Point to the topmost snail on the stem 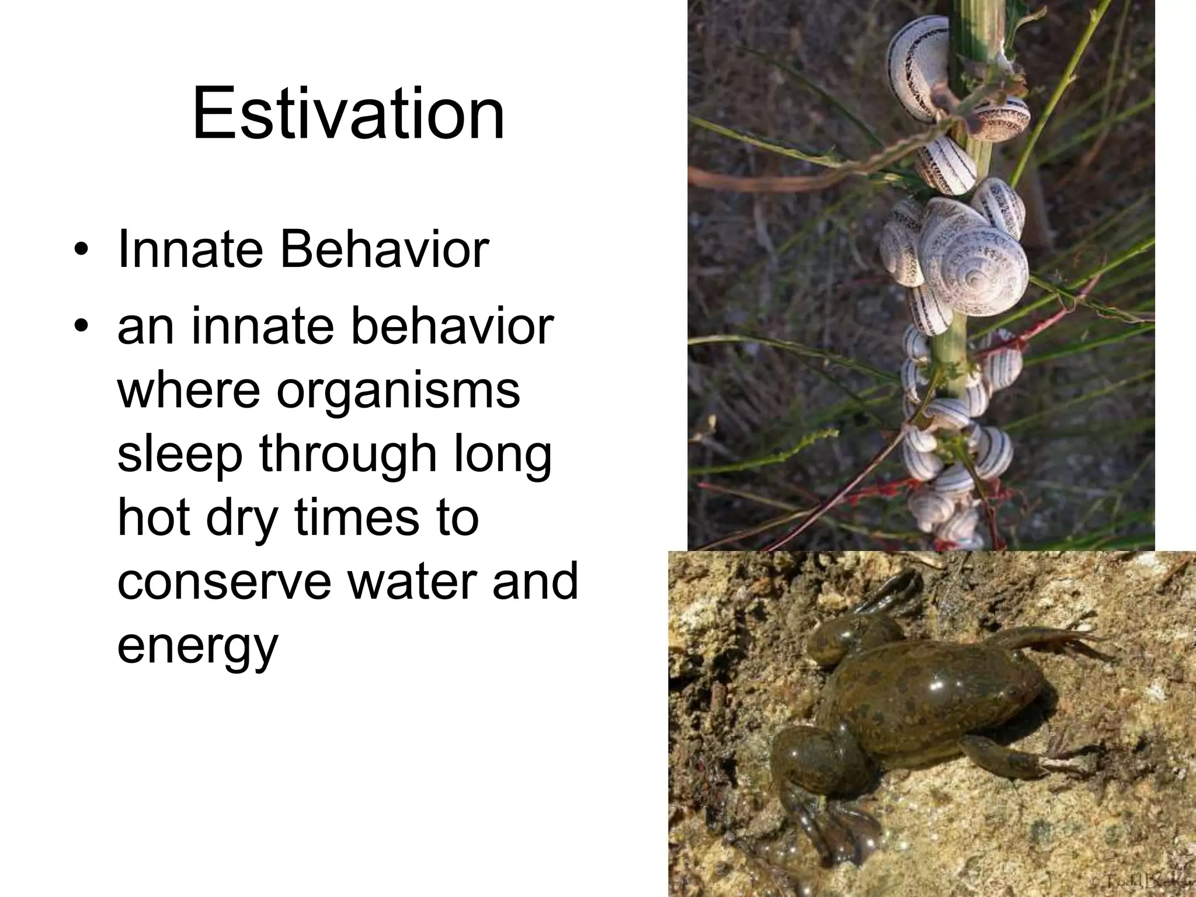pyautogui.click(x=920, y=64)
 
